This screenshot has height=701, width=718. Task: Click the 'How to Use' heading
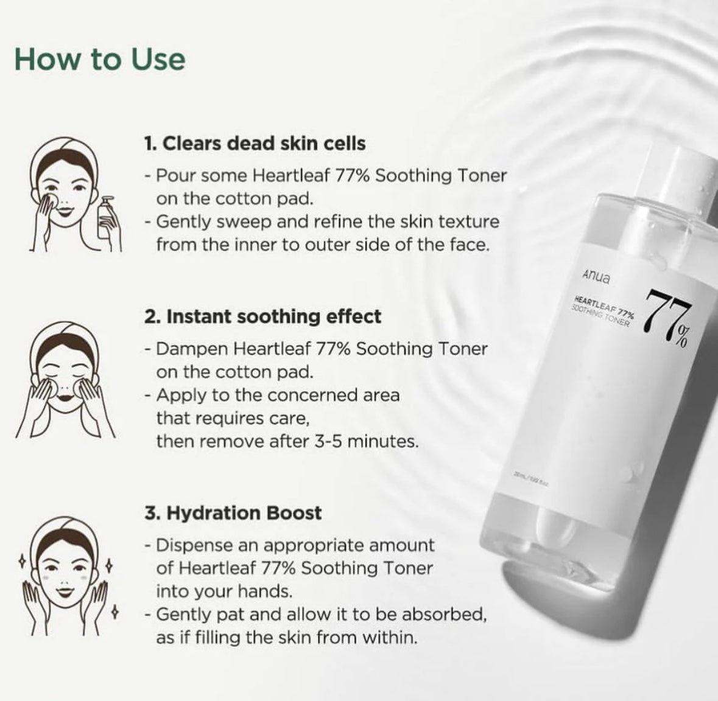pyautogui.click(x=100, y=60)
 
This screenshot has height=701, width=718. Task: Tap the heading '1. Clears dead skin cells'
pyautogui.click(x=255, y=144)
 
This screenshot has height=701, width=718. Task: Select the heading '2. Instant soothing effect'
pyautogui.click(x=263, y=317)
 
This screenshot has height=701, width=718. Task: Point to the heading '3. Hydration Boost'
pyautogui.click(x=233, y=513)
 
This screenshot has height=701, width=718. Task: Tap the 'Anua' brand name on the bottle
pyautogui.click(x=595, y=276)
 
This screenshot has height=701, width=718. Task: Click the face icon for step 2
pyautogui.click(x=64, y=377)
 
